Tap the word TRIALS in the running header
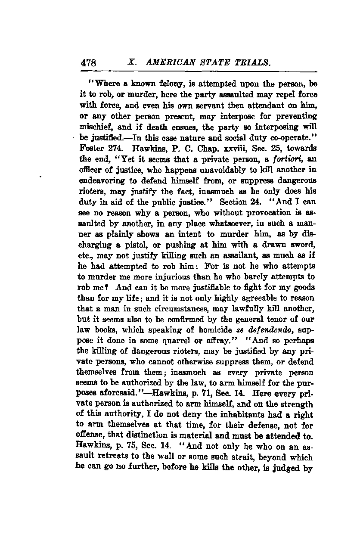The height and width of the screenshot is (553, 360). point(254,62)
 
